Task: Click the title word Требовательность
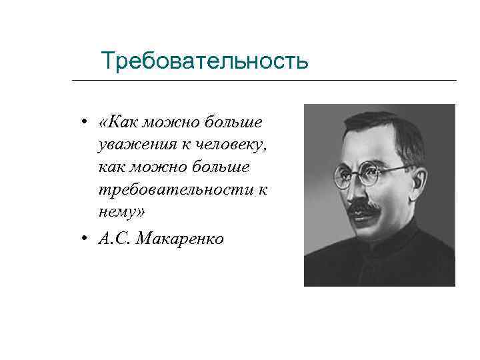[204, 61]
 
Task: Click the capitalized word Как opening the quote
[124, 121]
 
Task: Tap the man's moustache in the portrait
[364, 209]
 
